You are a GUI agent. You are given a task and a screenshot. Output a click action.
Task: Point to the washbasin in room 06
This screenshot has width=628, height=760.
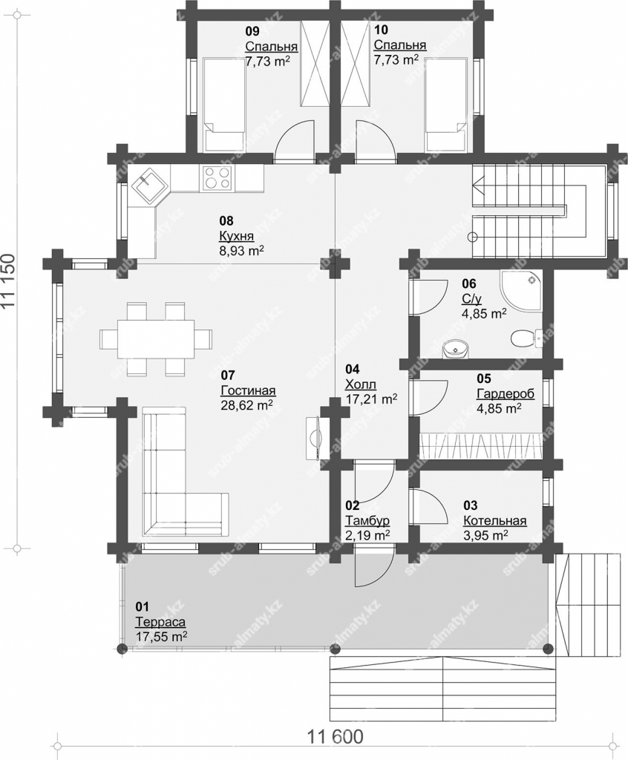tap(455, 349)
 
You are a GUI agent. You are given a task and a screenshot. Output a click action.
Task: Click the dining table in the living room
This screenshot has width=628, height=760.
tap(156, 338)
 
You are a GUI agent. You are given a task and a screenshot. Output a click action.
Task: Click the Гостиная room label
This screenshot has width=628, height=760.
tap(248, 390)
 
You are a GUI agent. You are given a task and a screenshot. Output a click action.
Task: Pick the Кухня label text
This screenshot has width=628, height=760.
tap(236, 236)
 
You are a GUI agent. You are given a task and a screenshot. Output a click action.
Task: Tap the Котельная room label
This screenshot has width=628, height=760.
tap(494, 521)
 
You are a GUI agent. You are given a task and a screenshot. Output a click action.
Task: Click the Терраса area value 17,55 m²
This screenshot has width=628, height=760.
tap(162, 636)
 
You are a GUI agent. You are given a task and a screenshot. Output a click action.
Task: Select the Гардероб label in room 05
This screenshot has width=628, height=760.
tap(505, 393)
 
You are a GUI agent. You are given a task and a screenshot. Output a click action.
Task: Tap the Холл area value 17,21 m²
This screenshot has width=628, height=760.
tap(371, 399)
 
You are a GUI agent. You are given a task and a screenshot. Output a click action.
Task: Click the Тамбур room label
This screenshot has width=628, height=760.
tap(367, 521)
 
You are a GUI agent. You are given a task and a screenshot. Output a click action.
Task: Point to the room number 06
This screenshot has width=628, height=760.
tap(469, 284)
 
